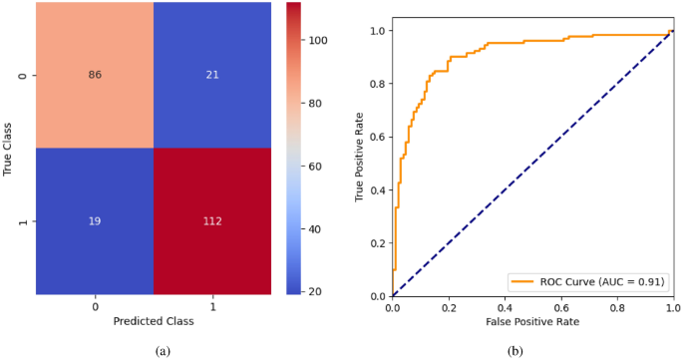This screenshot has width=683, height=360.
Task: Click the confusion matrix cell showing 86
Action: [x=95, y=75]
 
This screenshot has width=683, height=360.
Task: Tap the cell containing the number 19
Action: [x=95, y=221]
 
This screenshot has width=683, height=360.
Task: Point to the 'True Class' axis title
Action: [x=9, y=149]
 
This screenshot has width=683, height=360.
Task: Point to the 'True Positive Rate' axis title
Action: [x=360, y=157]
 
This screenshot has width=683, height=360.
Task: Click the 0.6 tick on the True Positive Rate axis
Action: [x=377, y=137]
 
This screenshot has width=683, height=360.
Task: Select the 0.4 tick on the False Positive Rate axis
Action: [x=508, y=308]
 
